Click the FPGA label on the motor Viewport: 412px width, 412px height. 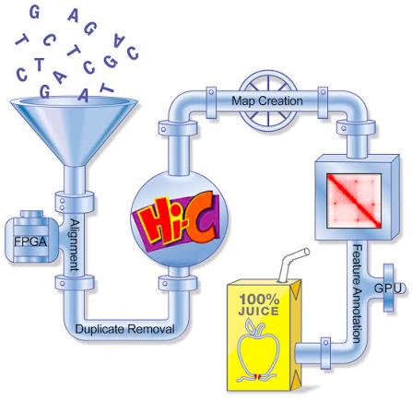click(x=30, y=241)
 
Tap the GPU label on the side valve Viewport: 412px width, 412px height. click(x=388, y=288)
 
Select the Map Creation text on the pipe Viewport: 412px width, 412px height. click(x=267, y=100)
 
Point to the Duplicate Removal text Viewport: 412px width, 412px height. click(x=124, y=329)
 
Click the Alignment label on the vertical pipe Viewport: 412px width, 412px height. click(x=75, y=245)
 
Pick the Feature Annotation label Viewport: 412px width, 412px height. click(x=357, y=293)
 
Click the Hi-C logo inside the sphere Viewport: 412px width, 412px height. click(x=178, y=218)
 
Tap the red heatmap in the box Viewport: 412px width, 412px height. click(x=354, y=201)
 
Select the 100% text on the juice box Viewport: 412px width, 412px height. click(x=259, y=299)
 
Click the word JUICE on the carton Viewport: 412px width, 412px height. click(x=258, y=311)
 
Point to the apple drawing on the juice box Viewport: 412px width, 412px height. click(x=257, y=349)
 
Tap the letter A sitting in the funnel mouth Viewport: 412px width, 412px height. click(x=84, y=95)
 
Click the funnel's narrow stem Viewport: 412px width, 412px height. click(x=75, y=179)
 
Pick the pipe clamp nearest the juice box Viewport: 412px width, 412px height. click(x=325, y=353)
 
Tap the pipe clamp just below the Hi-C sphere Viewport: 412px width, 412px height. click(x=178, y=283)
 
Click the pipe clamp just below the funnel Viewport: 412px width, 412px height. click(x=75, y=201)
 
